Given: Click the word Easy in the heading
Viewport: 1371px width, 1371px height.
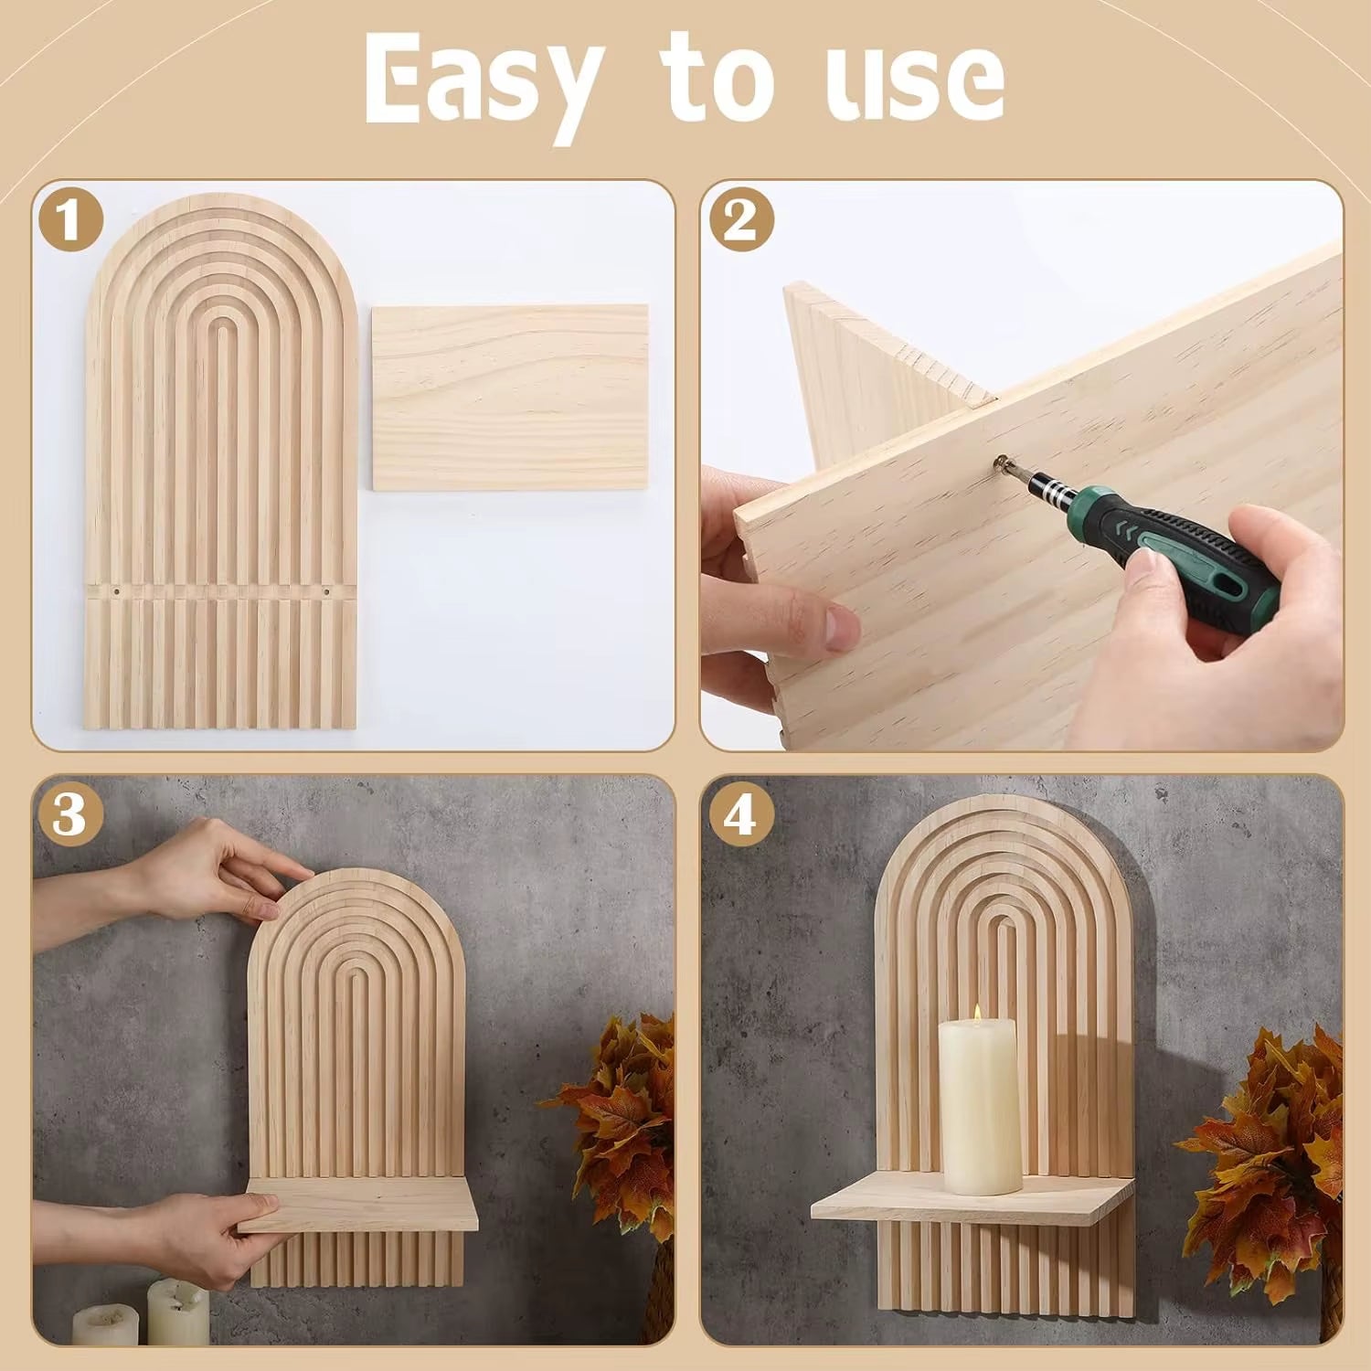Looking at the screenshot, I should [x=484, y=80].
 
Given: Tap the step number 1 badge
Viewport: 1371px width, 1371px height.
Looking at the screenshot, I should [x=70, y=220].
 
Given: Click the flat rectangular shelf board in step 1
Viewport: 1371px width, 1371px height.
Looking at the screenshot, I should [x=510, y=397].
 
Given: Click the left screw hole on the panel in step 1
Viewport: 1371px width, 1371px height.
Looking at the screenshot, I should [x=115, y=592].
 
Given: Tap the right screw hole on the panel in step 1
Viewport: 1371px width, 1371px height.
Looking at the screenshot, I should [x=325, y=592].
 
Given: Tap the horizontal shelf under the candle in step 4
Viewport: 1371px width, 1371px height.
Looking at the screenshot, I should [x=969, y=1206].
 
